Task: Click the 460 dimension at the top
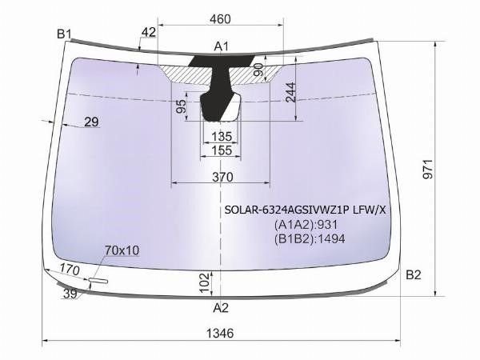220,19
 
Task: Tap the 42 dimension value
149,32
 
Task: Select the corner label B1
64,34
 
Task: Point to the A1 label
221,46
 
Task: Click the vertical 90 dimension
258,70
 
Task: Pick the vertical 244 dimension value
290,92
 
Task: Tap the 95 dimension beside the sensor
182,106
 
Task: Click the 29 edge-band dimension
91,122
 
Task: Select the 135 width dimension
222,136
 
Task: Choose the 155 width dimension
222,150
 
